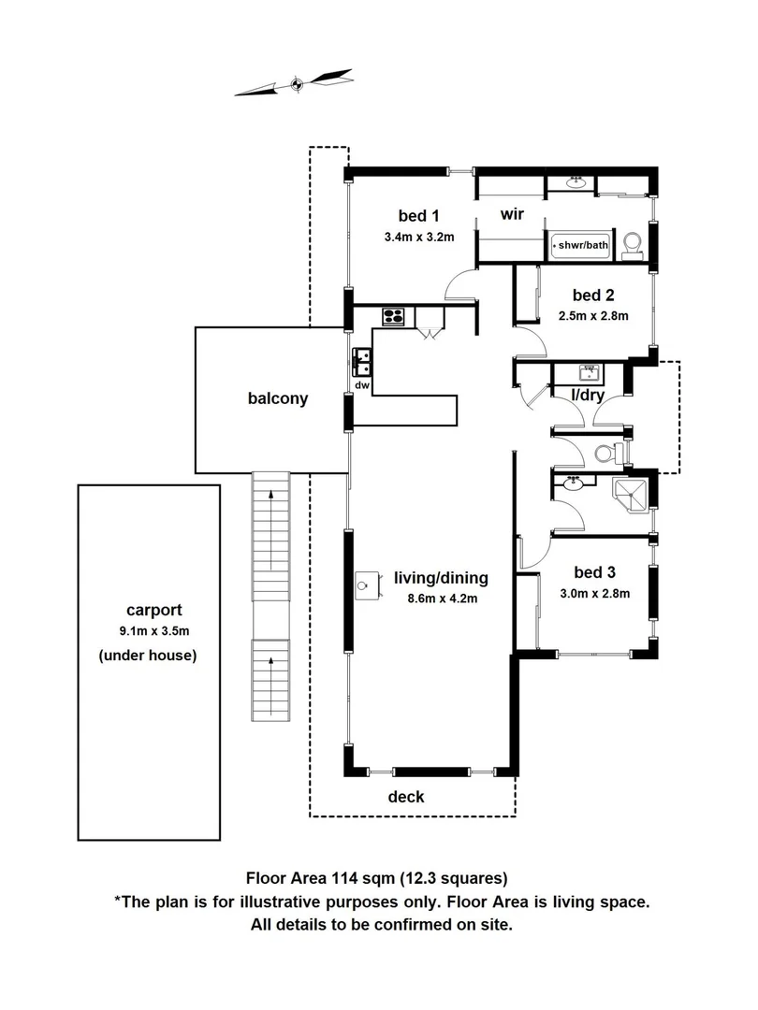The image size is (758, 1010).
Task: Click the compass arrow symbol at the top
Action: [296, 83]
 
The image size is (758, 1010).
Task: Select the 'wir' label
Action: [511, 215]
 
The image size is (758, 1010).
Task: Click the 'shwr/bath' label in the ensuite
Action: [582, 246]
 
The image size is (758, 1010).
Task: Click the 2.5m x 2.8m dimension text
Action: [592, 316]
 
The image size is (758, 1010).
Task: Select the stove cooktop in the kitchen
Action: [393, 316]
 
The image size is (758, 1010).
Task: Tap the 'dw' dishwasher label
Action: [361, 383]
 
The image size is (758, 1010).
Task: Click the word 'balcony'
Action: [278, 399]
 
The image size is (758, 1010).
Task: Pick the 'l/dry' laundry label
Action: [589, 396]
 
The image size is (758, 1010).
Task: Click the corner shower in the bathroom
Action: [629, 495]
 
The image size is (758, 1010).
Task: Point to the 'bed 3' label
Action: [593, 572]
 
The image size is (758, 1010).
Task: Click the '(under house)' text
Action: [148, 656]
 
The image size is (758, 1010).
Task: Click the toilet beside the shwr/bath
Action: [633, 243]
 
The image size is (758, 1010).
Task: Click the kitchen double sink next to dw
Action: [361, 356]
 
